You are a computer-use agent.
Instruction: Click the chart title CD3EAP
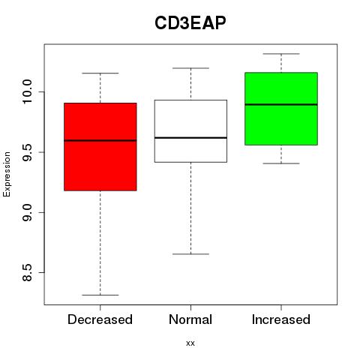[x=190, y=23]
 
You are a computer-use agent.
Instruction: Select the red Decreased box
[x=100, y=147]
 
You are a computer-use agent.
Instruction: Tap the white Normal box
[x=190, y=131]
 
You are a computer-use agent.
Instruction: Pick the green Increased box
[x=281, y=109]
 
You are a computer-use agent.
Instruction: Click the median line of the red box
[x=100, y=140]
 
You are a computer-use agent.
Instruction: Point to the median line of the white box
[x=190, y=138]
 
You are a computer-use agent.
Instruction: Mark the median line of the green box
[x=281, y=104]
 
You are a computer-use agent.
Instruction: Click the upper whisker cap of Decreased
[x=100, y=73]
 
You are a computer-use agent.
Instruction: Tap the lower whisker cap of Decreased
[x=100, y=295]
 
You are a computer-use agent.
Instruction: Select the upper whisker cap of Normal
[x=190, y=68]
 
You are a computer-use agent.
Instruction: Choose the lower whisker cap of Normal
[x=190, y=254]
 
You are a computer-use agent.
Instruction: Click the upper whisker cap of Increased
[x=281, y=54]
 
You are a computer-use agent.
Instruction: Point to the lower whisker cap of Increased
[x=281, y=163]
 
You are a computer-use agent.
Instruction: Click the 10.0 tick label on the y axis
[x=26, y=91]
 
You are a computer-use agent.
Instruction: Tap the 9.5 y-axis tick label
[x=26, y=152]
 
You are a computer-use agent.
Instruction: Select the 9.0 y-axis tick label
[x=26, y=212]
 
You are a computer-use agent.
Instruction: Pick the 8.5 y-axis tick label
[x=26, y=273]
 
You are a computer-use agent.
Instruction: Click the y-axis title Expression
[x=7, y=174]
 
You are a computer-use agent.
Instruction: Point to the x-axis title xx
[x=190, y=343]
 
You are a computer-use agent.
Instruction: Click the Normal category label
[x=190, y=319]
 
